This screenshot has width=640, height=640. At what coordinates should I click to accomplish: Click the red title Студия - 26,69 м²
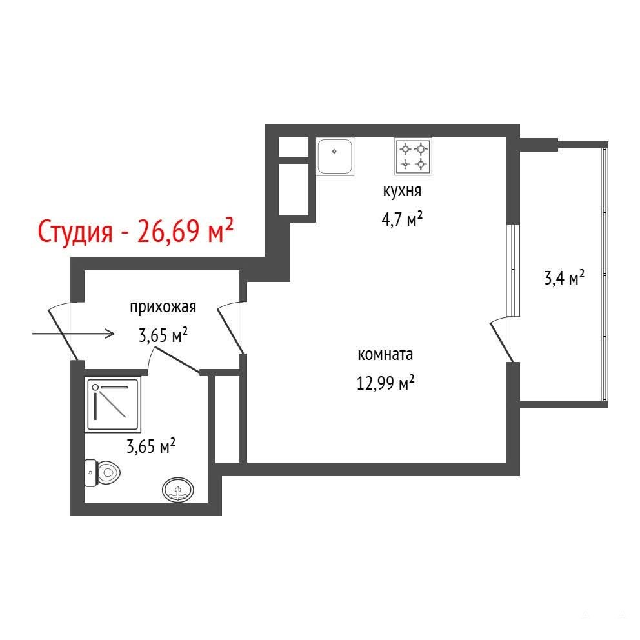click(135, 231)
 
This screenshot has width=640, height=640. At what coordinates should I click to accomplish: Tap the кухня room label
click(402, 191)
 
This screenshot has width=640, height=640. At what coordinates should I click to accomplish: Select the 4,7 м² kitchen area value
click(402, 219)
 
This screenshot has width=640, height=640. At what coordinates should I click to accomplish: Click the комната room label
click(385, 354)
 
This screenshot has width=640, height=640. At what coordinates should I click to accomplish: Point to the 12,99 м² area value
click(386, 383)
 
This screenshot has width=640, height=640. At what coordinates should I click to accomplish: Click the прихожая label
click(163, 307)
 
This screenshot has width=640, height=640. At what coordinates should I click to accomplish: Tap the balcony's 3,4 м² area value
click(565, 278)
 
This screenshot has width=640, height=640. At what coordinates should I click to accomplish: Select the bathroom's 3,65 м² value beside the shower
click(151, 446)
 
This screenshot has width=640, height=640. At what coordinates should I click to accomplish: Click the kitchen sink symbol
click(335, 157)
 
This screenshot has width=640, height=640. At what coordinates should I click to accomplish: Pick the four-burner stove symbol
click(413, 157)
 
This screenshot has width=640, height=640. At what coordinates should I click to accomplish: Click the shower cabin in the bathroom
click(113, 404)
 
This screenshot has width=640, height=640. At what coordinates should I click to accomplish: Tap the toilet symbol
click(102, 473)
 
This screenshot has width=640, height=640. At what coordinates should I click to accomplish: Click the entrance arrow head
click(110, 334)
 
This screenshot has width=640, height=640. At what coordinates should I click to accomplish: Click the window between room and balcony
click(513, 270)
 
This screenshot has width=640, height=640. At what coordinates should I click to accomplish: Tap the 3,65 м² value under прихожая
click(163, 335)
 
